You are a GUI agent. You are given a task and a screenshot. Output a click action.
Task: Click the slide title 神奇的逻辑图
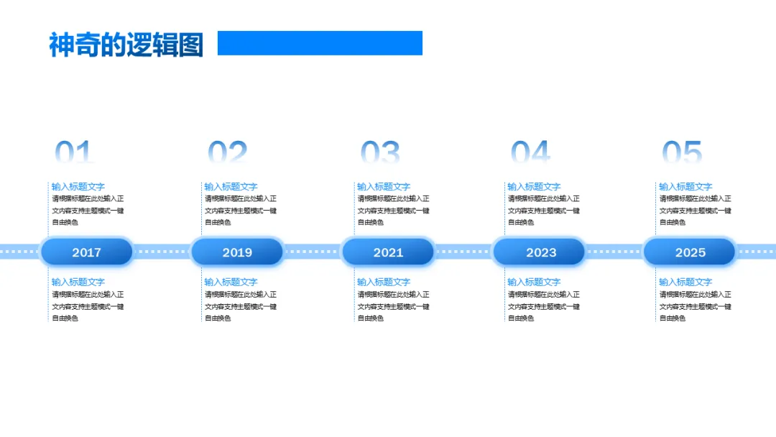point(126,45)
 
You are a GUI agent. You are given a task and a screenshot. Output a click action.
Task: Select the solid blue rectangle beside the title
point(320,43)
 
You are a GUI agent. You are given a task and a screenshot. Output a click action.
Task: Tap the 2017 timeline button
point(87,252)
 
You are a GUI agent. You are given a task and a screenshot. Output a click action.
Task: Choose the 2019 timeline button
point(237,252)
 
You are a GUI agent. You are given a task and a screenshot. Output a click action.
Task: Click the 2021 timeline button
point(388,252)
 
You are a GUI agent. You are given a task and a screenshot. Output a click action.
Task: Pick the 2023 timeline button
point(540,252)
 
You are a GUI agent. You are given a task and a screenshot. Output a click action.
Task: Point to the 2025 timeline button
point(690,252)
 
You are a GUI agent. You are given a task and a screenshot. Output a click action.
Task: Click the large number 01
point(75,153)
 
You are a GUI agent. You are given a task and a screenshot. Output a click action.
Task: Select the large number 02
point(228,153)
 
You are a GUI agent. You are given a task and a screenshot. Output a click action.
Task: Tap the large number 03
point(380,153)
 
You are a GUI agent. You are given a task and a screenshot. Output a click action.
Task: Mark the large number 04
point(530,153)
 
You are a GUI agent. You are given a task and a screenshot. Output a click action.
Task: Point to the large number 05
point(682,153)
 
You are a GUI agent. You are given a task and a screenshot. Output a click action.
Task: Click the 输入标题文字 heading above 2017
point(78,187)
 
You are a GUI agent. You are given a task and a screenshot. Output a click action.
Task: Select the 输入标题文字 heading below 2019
point(231,282)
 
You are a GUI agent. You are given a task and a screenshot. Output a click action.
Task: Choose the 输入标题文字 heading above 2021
point(384,187)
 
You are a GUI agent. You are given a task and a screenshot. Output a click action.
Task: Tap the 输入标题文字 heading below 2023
point(534,282)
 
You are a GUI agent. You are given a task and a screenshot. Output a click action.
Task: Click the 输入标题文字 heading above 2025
point(685,187)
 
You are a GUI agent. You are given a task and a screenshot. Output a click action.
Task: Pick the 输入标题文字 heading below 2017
point(78,282)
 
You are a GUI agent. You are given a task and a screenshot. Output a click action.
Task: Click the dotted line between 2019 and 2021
point(313,252)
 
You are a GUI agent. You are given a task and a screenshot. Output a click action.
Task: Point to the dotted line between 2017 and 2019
point(162,252)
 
